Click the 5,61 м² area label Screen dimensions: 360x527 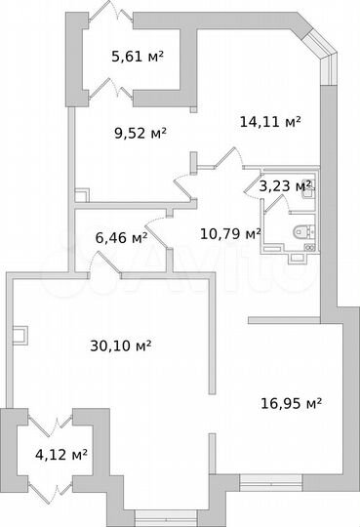click(x=138, y=57)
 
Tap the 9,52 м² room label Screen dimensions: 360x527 click(x=140, y=134)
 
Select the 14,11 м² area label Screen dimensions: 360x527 click(x=270, y=121)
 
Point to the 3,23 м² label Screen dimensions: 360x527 click(x=285, y=185)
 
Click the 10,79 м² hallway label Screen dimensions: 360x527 click(x=230, y=233)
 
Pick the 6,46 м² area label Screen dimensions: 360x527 click(x=121, y=238)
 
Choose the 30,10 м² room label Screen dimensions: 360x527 click(x=121, y=345)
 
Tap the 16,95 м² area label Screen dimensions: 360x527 click(x=292, y=403)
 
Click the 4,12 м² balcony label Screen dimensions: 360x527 click(x=61, y=455)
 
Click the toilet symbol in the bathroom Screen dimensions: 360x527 click(x=303, y=231)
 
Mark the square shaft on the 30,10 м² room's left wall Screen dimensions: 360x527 click(x=20, y=336)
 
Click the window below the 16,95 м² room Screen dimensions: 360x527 click(x=271, y=483)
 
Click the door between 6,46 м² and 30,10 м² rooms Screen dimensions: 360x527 click(x=104, y=265)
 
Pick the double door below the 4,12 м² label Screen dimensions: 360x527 click(x=51, y=493)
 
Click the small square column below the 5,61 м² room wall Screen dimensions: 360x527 click(x=193, y=109)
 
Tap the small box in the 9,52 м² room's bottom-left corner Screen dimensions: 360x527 click(x=82, y=195)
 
